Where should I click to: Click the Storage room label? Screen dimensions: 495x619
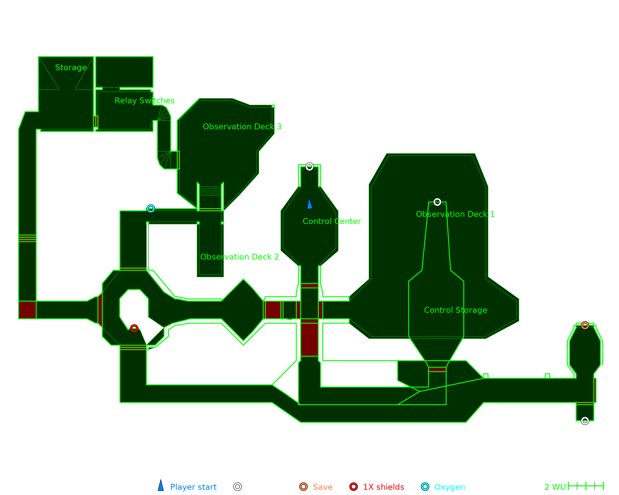71,67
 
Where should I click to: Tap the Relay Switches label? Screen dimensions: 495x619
145,101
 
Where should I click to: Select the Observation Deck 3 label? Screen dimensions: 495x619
242,127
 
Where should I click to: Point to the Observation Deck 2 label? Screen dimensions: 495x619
240,257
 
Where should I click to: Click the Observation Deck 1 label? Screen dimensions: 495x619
455,214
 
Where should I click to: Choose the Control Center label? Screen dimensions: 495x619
332,221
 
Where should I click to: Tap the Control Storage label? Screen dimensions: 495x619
456,310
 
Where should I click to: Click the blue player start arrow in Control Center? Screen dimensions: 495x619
309,204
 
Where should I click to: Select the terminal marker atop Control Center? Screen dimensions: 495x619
309,167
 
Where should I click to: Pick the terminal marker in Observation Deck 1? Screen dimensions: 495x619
437,202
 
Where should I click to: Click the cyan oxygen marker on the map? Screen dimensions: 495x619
151,209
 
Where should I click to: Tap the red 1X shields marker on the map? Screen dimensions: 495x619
134,329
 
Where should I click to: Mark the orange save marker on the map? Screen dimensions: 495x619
585,325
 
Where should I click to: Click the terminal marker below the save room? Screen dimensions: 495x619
585,421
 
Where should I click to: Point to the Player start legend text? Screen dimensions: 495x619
193,487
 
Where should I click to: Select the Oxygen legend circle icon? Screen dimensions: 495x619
425,487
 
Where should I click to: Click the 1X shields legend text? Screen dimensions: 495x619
383,487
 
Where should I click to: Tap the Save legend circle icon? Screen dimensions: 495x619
303,487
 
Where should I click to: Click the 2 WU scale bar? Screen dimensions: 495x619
586,486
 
